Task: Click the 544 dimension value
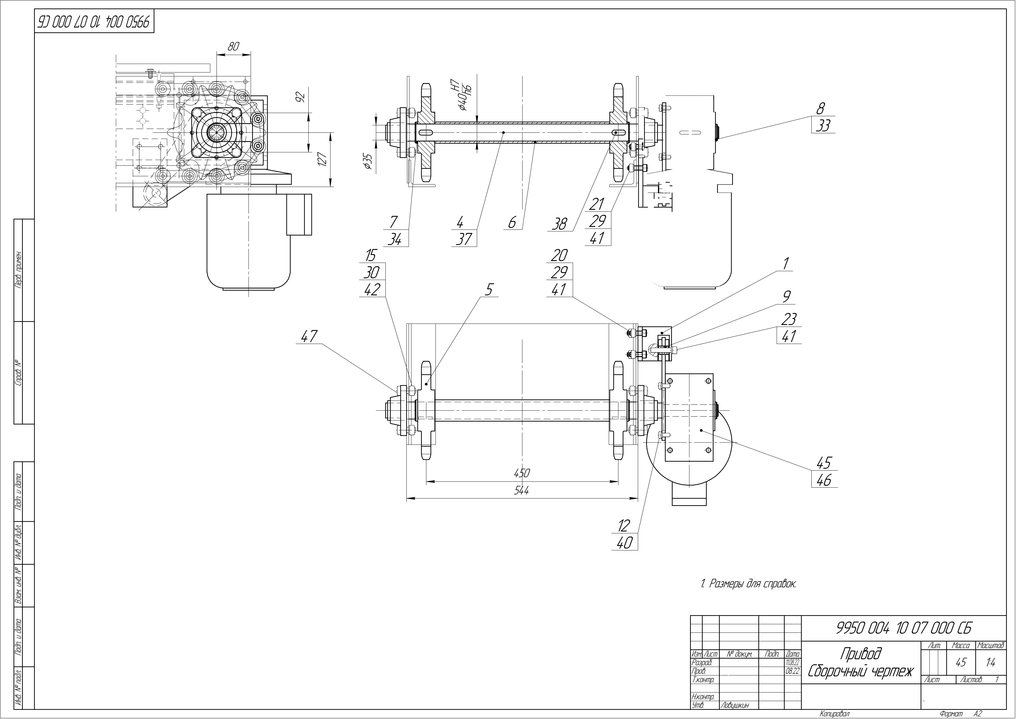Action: pyautogui.click(x=522, y=491)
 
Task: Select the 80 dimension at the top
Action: pyautogui.click(x=234, y=46)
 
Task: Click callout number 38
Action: pyautogui.click(x=560, y=224)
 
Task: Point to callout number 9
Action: pyautogui.click(x=786, y=297)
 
